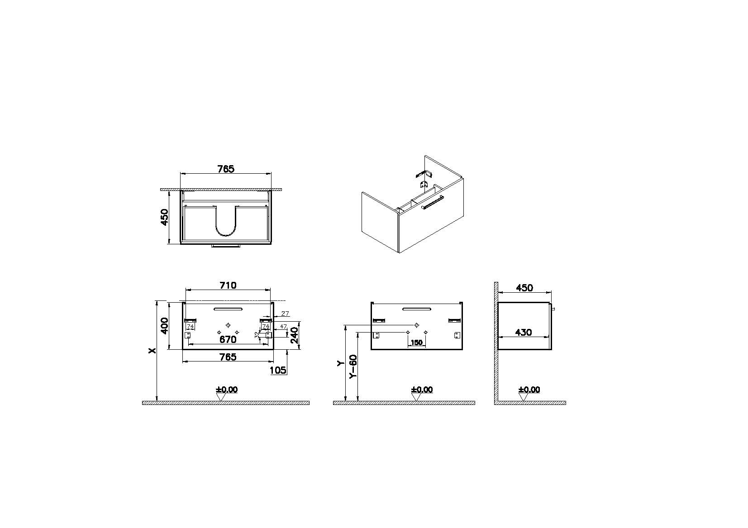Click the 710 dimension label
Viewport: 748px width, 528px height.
pos(228,285)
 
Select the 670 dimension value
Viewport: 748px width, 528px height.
pos(228,339)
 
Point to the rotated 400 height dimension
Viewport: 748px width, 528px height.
pos(165,326)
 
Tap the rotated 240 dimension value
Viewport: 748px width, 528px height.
pos(295,335)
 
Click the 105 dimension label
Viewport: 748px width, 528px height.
pos(278,370)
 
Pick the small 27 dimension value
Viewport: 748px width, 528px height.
pos(285,313)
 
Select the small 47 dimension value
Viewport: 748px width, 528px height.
pos(283,326)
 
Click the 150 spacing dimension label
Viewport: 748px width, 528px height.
pos(416,342)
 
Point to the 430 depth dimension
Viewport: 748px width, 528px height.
pos(524,332)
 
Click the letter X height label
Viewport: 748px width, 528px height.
pos(152,350)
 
